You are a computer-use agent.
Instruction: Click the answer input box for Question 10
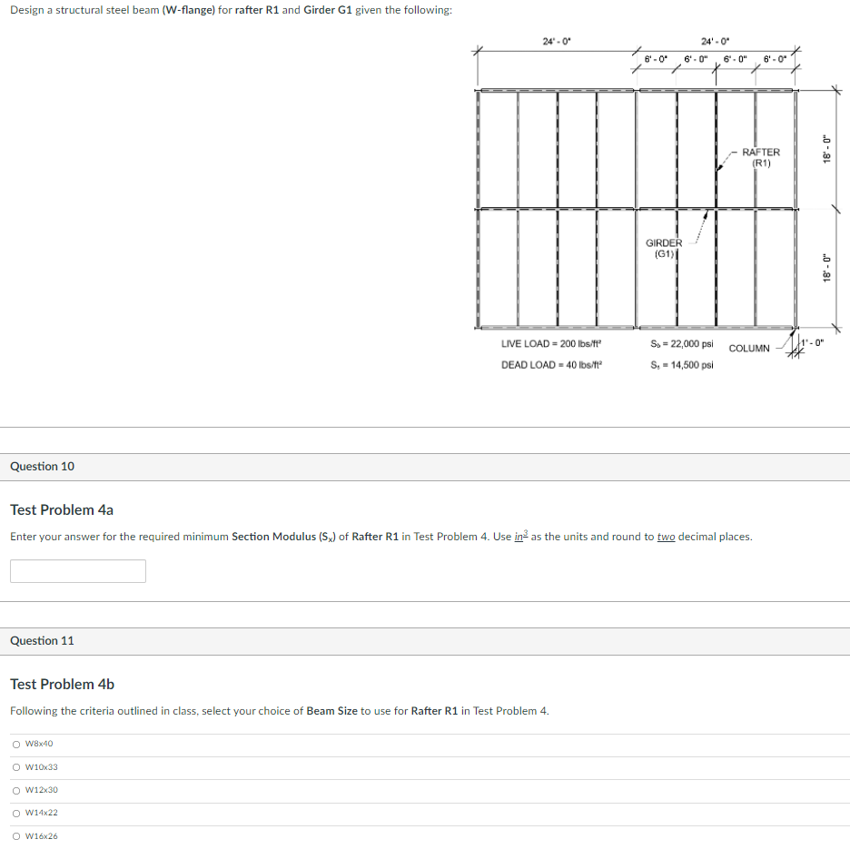point(78,571)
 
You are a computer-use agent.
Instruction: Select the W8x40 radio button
point(16,745)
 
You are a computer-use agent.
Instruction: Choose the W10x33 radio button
point(16,767)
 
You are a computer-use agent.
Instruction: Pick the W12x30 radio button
point(16,790)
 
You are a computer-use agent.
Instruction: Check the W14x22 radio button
point(16,813)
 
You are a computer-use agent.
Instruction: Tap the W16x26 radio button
point(16,836)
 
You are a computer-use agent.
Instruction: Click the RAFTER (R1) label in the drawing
point(761,158)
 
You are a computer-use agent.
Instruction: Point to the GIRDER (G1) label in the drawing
point(663,248)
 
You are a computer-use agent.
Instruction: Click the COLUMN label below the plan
point(749,349)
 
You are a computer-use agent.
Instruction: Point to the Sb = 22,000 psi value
point(682,344)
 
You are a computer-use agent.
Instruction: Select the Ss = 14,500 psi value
point(682,365)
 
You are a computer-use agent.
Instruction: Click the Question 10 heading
point(43,467)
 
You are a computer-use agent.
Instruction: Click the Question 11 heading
point(43,641)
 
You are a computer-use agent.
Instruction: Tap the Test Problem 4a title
point(62,509)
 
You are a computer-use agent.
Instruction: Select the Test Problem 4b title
point(62,684)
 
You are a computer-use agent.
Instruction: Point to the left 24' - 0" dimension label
point(556,41)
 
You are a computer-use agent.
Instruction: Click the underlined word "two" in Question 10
point(666,537)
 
